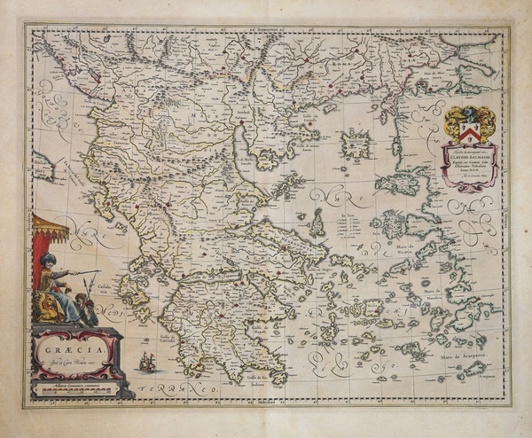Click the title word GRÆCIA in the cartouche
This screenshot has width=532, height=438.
[74, 348]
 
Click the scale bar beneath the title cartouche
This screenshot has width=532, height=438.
[78, 387]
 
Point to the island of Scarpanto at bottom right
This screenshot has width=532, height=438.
[473, 369]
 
